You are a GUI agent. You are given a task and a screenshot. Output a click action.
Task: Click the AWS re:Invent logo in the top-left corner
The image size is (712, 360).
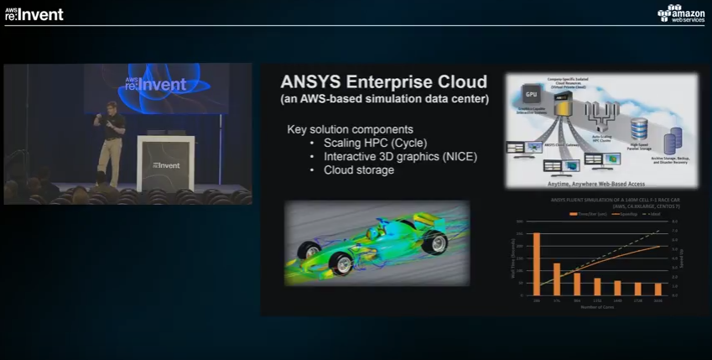click(x=34, y=13)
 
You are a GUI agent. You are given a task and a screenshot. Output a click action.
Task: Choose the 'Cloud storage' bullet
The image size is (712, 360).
click(x=358, y=170)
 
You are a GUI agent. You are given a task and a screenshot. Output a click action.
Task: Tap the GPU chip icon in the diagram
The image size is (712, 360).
click(x=531, y=95)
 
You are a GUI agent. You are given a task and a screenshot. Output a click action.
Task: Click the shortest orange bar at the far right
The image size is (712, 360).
click(x=658, y=289)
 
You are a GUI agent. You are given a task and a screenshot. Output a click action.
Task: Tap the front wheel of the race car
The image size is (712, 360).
click(x=342, y=263)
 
